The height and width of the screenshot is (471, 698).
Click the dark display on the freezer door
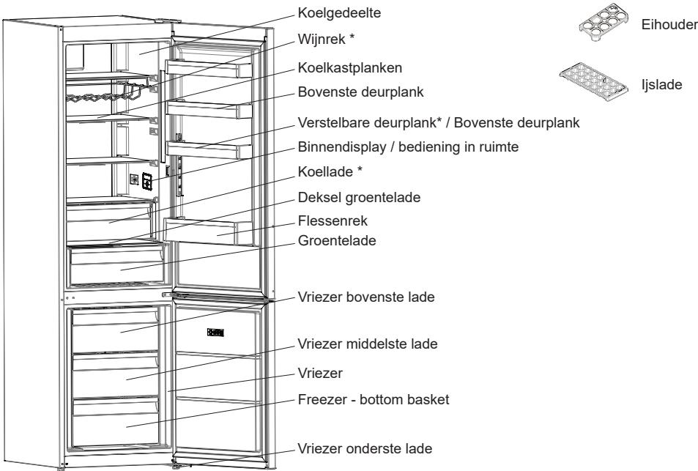[x=215, y=333]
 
